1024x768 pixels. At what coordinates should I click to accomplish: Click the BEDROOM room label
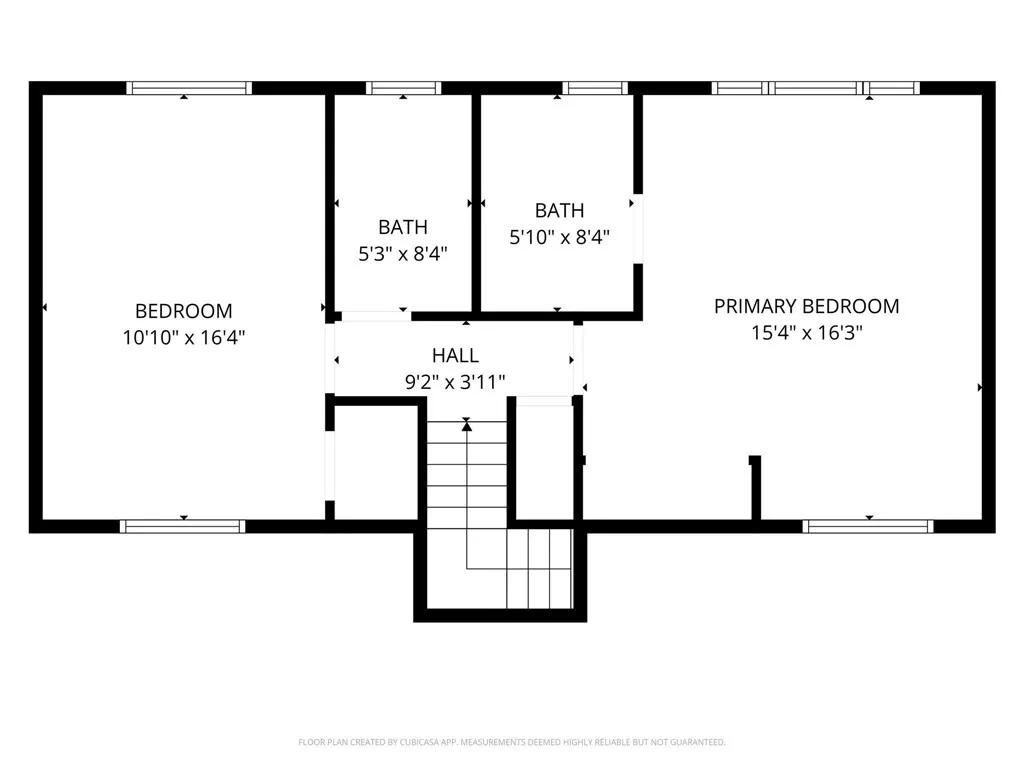click(x=184, y=311)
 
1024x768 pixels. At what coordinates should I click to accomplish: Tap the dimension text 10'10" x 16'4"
click(x=184, y=338)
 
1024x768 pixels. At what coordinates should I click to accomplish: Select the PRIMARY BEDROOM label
click(x=806, y=306)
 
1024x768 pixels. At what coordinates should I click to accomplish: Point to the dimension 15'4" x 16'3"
click(x=806, y=333)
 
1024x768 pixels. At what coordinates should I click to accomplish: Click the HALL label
click(x=455, y=355)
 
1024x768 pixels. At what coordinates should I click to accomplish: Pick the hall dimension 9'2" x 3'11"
click(x=455, y=381)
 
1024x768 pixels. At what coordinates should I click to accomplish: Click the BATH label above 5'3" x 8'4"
click(x=403, y=227)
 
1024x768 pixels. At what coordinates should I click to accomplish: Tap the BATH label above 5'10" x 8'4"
click(x=559, y=210)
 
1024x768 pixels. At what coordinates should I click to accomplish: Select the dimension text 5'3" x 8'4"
click(x=403, y=254)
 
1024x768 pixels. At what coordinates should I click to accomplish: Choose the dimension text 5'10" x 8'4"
click(x=559, y=237)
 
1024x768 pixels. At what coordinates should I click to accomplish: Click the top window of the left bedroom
click(x=189, y=88)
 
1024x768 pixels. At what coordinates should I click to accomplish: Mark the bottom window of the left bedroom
click(x=183, y=526)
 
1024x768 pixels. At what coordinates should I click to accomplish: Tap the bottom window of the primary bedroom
click(x=868, y=526)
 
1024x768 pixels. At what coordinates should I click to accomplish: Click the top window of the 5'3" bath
click(x=404, y=88)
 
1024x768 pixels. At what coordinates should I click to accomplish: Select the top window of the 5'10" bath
click(x=595, y=88)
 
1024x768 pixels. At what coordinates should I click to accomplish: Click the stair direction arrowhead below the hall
click(x=467, y=426)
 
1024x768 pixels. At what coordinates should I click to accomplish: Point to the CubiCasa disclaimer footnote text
click(x=511, y=742)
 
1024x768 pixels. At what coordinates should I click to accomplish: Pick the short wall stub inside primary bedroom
click(x=756, y=488)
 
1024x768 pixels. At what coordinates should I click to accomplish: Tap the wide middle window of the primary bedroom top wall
click(x=816, y=88)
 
